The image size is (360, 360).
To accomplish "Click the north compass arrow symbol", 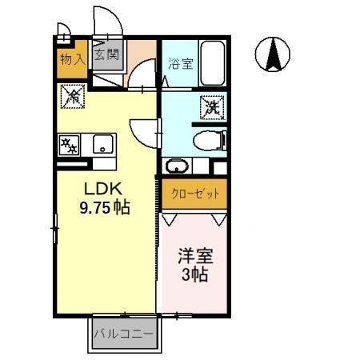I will point(272,54).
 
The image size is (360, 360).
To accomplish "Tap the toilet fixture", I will point(210,141).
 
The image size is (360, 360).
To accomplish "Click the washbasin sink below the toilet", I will point(178,166).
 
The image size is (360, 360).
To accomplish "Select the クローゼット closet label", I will point(194,192).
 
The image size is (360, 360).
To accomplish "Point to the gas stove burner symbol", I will point(69,146).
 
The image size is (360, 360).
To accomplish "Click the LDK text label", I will point(102,190).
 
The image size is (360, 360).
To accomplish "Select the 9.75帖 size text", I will point(104,206).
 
